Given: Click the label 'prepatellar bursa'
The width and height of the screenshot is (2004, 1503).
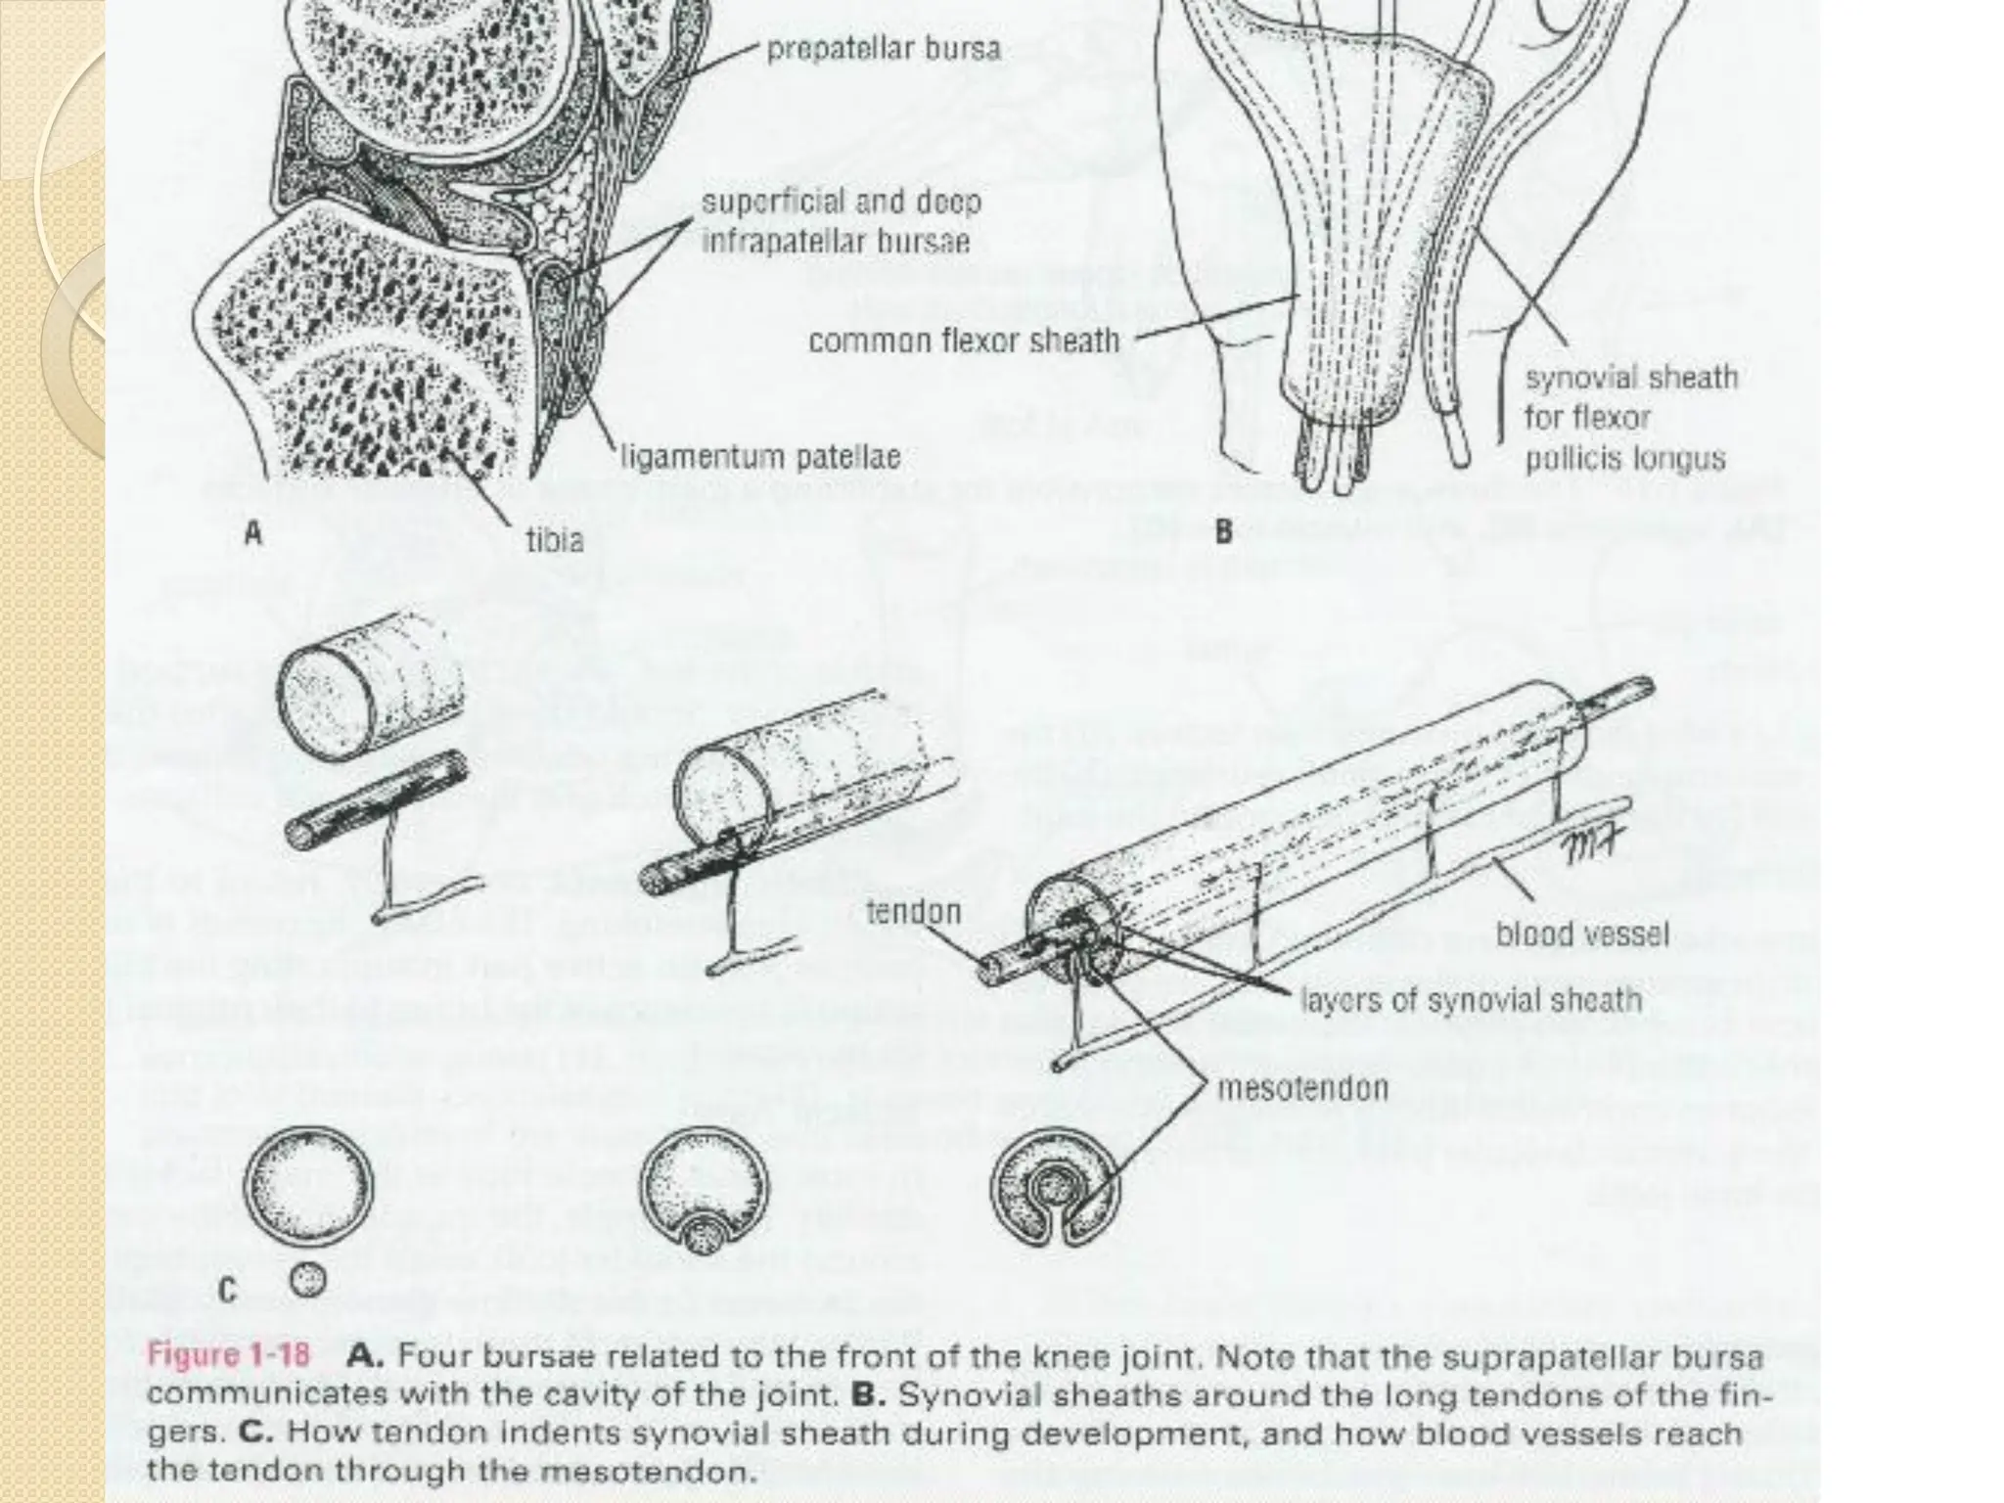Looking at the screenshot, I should [883, 49].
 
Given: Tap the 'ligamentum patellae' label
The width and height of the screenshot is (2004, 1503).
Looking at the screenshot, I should [760, 457].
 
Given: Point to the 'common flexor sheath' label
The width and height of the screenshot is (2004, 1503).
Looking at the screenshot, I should [964, 341].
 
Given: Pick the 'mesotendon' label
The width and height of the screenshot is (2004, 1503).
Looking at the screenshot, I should [1302, 1088].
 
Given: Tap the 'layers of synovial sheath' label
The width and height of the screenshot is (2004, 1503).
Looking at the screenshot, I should [1471, 999].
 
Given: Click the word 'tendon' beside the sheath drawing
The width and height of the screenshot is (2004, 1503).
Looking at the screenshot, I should [913, 912].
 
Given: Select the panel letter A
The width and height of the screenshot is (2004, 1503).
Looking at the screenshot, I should [254, 534].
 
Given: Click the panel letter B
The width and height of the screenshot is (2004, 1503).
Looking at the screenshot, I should [1224, 534].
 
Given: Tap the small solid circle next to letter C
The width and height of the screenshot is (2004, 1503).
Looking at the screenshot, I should [309, 1278].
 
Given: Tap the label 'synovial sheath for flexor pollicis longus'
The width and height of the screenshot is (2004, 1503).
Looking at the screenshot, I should [1630, 418].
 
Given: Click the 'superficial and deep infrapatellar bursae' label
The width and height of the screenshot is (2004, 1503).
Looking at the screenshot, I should [841, 221].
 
